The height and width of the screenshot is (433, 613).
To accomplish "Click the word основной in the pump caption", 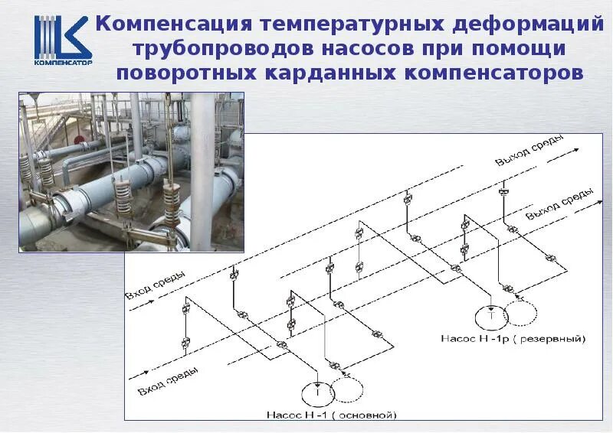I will click(367, 415).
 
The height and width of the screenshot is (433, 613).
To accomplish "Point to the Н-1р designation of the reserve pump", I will click(495, 337).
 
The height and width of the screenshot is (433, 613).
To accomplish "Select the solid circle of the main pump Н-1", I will click(315, 392).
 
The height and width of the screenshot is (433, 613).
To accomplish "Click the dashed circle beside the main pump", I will click(348, 391).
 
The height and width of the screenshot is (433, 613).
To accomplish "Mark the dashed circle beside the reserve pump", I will click(524, 313).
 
